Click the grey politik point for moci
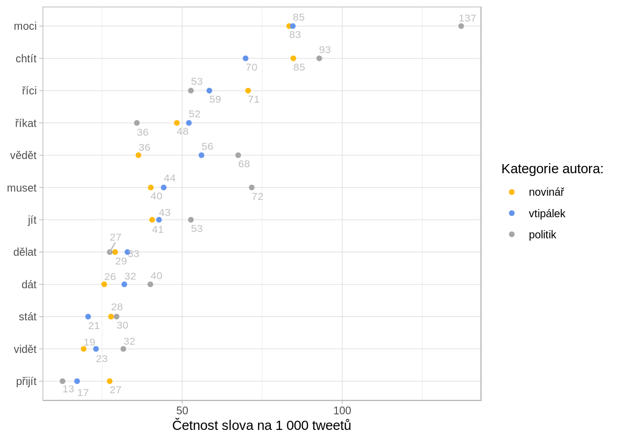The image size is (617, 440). pos(461,26)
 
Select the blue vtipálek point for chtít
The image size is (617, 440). pos(246,58)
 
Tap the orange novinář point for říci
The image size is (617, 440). pos(248,91)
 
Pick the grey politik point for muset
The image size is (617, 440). pos(252,187)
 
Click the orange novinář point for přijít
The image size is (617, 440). pos(110,381)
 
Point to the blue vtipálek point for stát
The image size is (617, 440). pos(88,317)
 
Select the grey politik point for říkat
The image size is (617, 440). pos(137,123)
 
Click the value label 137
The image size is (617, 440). pos(467,18)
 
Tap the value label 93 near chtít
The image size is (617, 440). pos(325,50)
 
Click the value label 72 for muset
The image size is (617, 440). pos(257,197)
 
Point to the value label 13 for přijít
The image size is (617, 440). pos(68,389)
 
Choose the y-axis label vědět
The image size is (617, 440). pos(23,155)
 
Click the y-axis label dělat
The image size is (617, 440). pos(25,252)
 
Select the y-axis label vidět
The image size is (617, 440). pos(25,349)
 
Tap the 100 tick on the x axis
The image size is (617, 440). pos(342,410)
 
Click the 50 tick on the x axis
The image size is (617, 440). pos(182,410)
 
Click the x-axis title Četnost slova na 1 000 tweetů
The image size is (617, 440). pos(262,425)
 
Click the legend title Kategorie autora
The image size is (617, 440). pos(552,169)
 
